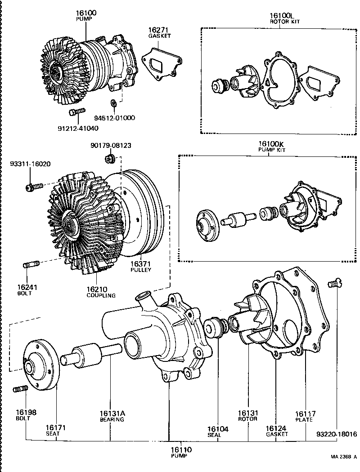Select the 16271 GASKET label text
coord(159,33)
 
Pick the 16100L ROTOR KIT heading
coord(279,18)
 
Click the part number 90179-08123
coord(111,146)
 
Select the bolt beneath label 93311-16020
coord(34,185)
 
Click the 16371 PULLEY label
coord(140,266)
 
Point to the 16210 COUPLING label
coord(101,292)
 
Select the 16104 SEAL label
coord(218,432)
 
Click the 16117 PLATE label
coord(306,416)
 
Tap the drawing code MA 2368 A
coord(343,457)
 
